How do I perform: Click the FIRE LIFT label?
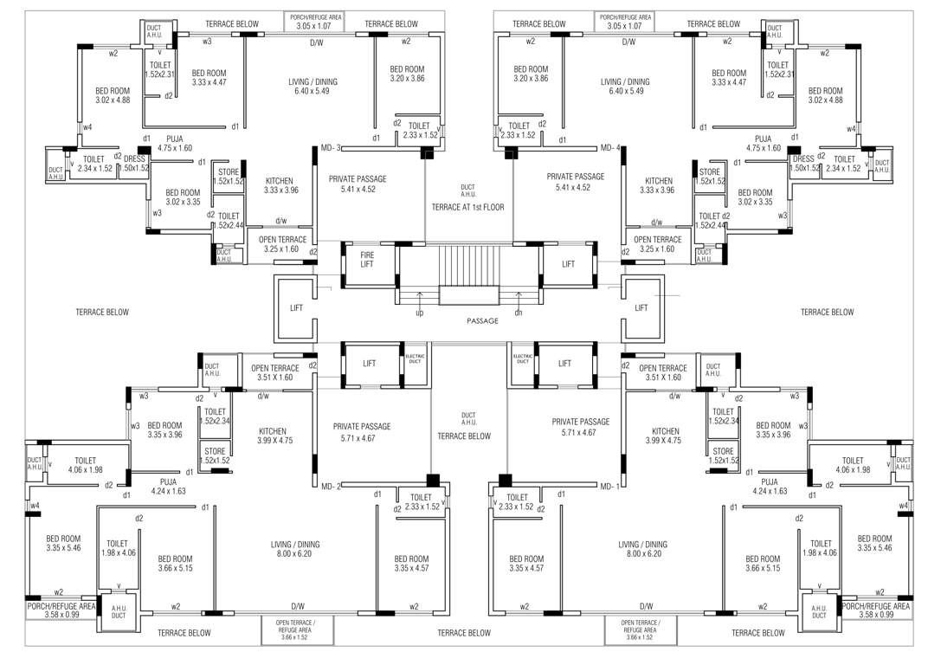tap(368, 260)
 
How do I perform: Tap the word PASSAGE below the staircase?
tap(482, 321)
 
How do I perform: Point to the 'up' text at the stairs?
tap(420, 313)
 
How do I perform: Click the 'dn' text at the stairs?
tap(519, 313)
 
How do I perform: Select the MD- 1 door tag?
tap(611, 487)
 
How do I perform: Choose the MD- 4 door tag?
tap(611, 147)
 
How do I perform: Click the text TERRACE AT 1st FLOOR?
tap(467, 207)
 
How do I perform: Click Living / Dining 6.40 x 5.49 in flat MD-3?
tap(313, 87)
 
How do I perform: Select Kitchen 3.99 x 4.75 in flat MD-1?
tap(665, 436)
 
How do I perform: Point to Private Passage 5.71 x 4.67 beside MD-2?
tap(362, 431)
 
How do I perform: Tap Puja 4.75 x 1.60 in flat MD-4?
tap(763, 143)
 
